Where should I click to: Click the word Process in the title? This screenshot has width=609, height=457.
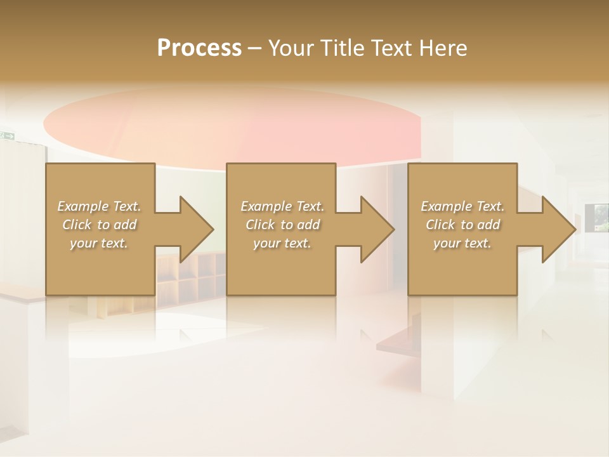(199, 48)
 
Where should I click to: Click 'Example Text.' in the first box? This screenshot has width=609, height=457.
(99, 206)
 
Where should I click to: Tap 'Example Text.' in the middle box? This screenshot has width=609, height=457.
(282, 206)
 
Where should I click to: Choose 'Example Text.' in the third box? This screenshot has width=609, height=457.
(462, 206)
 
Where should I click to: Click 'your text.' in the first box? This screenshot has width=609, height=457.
(99, 243)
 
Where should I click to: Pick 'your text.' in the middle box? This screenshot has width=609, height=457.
(282, 243)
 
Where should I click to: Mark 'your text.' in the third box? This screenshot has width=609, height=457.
(462, 243)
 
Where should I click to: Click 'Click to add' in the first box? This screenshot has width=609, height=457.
(99, 225)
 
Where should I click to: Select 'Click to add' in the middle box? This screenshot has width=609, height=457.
(282, 225)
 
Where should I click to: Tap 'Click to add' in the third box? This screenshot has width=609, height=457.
(462, 225)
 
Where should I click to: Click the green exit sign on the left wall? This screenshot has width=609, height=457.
(8, 135)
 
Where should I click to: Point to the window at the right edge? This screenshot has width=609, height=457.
(600, 218)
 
